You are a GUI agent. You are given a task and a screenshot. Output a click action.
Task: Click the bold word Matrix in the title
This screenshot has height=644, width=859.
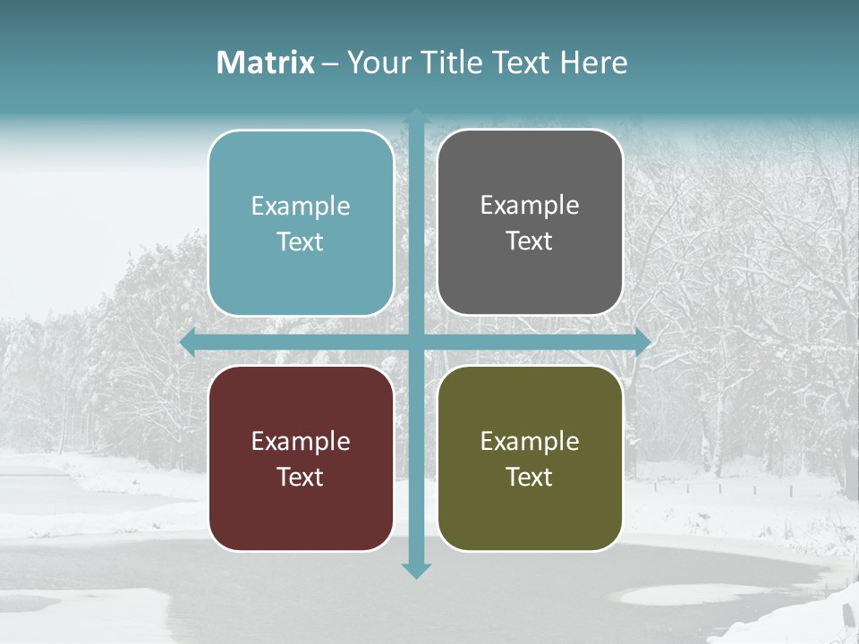click(x=266, y=63)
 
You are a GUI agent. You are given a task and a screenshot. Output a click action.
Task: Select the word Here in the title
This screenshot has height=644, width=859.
click(x=594, y=63)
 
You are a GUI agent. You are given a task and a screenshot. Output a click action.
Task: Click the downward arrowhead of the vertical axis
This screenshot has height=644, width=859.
click(x=416, y=570)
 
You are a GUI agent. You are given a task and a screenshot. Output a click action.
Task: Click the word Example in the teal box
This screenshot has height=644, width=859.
click(x=301, y=207)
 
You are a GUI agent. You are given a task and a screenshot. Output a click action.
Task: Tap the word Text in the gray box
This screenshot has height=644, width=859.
click(x=530, y=241)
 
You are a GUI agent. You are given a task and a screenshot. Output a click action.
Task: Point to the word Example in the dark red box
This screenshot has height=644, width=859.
click(x=301, y=442)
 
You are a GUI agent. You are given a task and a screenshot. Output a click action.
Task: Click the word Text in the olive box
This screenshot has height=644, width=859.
click(x=530, y=477)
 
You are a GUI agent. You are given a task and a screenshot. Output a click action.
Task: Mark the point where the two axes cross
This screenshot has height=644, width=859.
click(x=416, y=342)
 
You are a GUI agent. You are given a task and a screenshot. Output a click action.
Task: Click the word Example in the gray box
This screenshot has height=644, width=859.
click(x=530, y=206)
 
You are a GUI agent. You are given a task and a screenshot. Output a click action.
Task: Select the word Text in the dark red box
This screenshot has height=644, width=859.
click(x=301, y=477)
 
